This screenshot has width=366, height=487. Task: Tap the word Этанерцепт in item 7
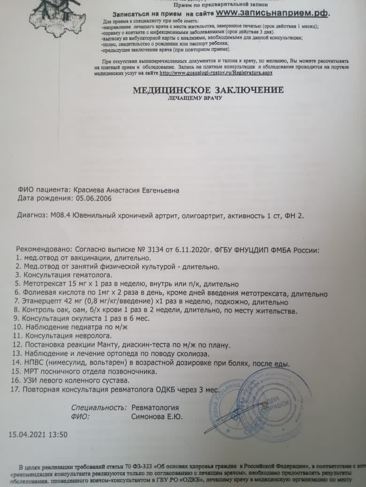[45, 302]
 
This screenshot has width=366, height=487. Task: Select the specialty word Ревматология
[155, 408]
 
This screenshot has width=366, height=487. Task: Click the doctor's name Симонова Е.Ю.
[157, 416]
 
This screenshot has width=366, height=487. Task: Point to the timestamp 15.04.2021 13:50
[38, 434]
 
